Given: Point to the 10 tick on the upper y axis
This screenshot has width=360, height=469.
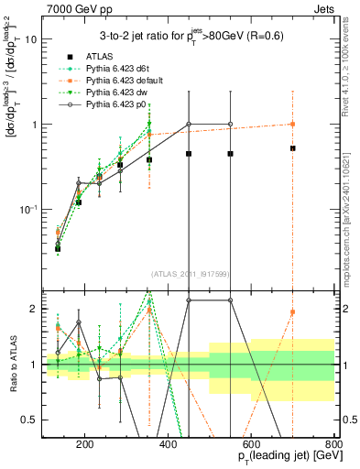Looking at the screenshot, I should click(x=31, y=39).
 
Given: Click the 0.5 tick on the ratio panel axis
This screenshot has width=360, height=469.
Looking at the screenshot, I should click(x=29, y=420).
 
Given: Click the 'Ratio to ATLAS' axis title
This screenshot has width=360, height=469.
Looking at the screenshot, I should click(x=11, y=365).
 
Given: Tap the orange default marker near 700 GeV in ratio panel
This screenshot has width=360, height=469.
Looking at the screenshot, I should click(x=292, y=312).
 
